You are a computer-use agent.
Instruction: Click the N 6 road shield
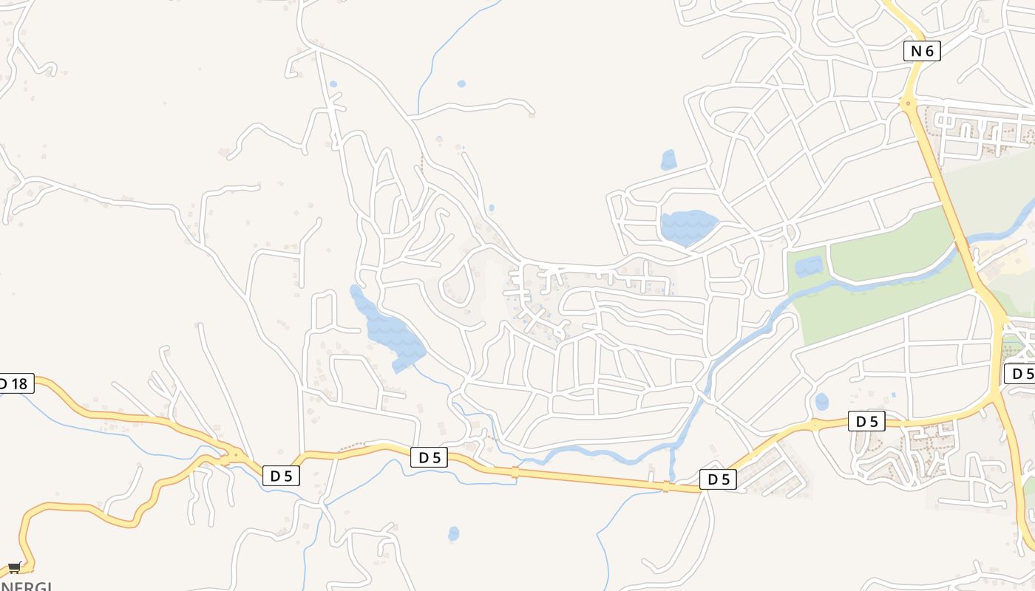(x=922, y=51)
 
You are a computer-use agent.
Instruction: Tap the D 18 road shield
(x=14, y=383)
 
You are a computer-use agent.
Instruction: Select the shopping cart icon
(x=14, y=567)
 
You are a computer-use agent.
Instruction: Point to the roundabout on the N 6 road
(x=908, y=103)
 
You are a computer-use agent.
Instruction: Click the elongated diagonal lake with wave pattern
(x=388, y=329)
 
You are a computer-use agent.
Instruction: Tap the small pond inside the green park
(x=809, y=266)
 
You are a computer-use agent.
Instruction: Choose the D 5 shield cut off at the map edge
(x=1020, y=374)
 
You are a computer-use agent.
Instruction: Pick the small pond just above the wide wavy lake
(x=668, y=160)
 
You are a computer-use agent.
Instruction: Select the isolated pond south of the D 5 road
(x=453, y=533)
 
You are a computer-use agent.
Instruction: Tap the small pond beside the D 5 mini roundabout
(x=821, y=402)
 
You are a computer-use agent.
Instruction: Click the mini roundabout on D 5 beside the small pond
(x=815, y=426)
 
